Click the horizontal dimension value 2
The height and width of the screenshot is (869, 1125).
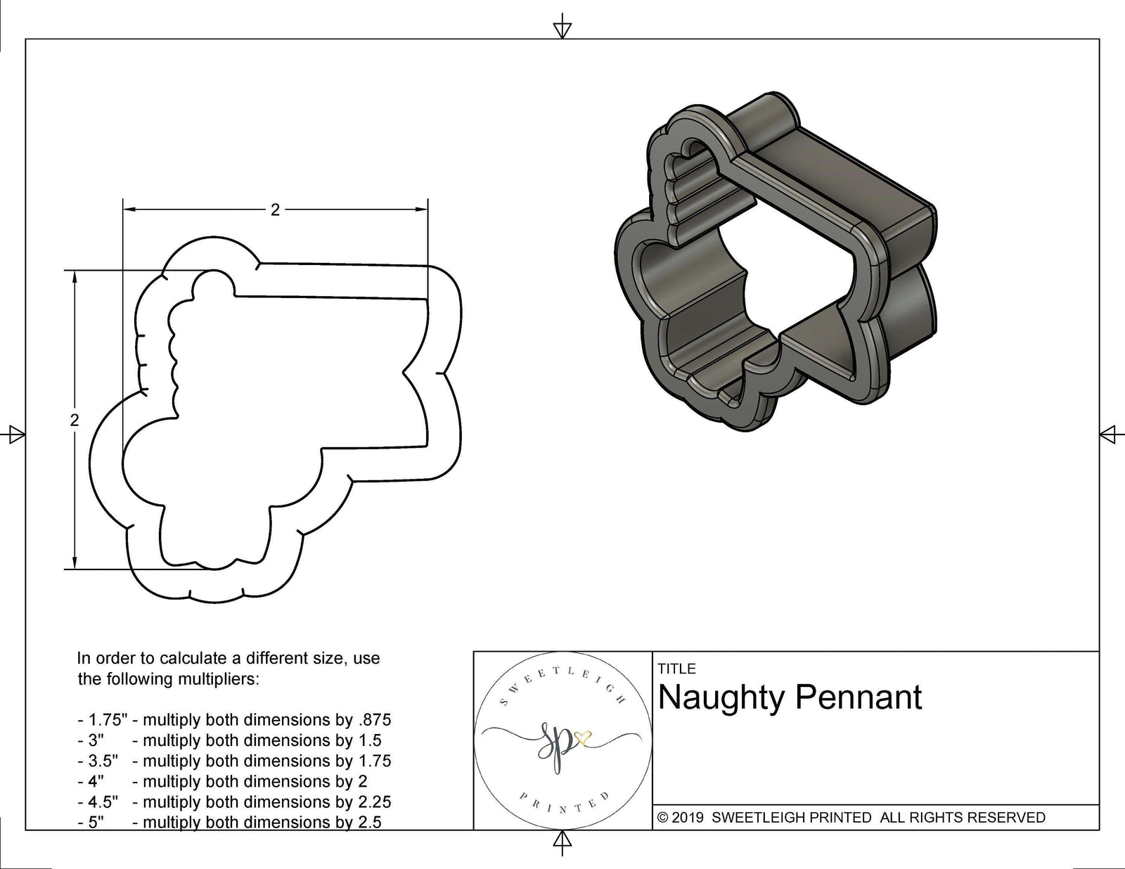[275, 210]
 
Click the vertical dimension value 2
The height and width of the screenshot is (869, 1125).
[75, 420]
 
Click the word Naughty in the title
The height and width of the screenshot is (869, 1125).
[721, 697]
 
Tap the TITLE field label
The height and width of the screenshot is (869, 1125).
[676, 669]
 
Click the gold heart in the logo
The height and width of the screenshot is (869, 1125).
[583, 739]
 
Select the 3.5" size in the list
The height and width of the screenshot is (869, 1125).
[103, 761]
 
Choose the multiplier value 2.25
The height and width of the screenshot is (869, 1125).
[372, 802]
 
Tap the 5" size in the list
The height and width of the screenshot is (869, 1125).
[96, 822]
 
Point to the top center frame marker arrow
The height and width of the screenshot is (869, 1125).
[562, 28]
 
